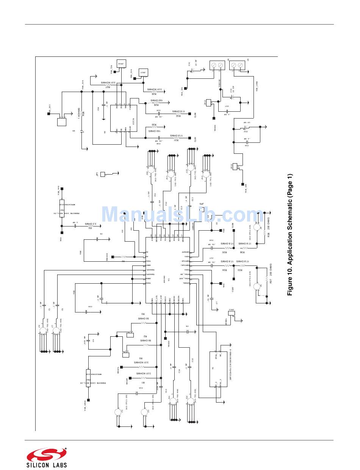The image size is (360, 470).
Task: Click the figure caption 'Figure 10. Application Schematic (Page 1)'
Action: click(290, 235)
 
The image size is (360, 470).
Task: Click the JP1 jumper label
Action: click(97, 174)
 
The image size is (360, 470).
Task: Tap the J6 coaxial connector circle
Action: click(42, 331)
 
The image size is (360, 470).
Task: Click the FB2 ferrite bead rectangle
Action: click(88, 377)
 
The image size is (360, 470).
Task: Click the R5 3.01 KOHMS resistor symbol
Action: click(141, 367)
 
